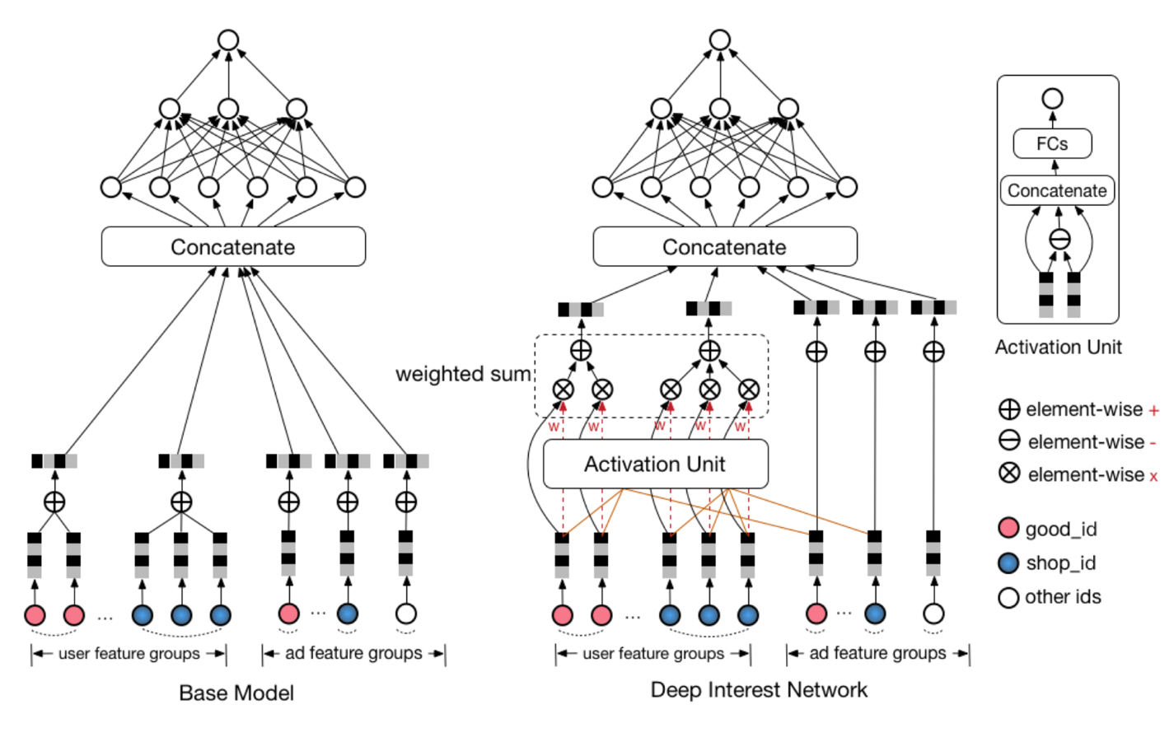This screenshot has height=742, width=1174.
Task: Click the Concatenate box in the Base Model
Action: [233, 246]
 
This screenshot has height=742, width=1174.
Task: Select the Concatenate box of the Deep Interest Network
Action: [724, 246]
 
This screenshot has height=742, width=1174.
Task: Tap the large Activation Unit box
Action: [655, 464]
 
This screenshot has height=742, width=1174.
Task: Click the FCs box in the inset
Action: [1052, 143]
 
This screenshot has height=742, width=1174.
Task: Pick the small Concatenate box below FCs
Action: [1057, 190]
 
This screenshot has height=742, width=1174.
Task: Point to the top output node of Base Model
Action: [228, 40]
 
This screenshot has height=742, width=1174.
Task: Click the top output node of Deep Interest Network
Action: [720, 40]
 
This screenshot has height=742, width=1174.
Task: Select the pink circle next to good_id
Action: [1008, 528]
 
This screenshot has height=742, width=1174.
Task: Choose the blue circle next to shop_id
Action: [1008, 562]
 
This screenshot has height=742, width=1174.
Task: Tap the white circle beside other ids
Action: [1008, 597]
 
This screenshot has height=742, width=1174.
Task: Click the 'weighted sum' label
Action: [463, 374]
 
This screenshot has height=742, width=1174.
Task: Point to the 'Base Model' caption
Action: [236, 693]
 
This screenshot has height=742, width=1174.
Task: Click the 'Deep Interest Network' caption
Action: [759, 690]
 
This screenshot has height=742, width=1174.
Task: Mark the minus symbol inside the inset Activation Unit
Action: [1059, 240]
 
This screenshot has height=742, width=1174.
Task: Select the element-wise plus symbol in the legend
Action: [1009, 409]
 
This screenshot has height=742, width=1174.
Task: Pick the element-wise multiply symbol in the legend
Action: [1009, 474]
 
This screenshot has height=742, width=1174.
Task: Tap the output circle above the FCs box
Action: [1052, 99]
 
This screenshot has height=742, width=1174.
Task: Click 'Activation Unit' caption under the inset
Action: [1058, 347]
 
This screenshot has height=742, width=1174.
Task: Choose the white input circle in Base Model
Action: [406, 614]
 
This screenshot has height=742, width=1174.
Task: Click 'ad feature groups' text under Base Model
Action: [353, 653]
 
